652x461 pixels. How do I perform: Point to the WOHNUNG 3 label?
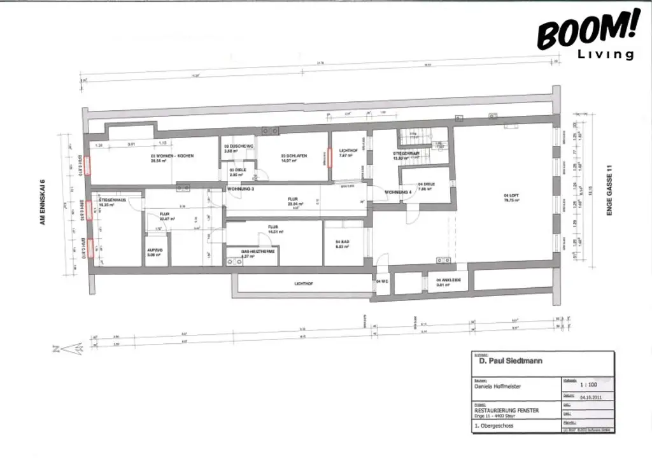point(241,189)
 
